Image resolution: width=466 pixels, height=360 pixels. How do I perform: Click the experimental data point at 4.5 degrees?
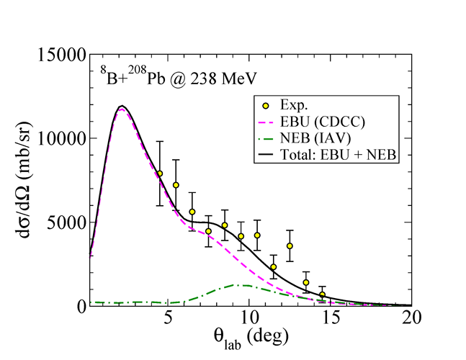[160, 174]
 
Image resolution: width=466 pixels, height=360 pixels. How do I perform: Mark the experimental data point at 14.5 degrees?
[322, 294]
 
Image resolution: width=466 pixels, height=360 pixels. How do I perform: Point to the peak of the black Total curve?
[122, 107]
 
